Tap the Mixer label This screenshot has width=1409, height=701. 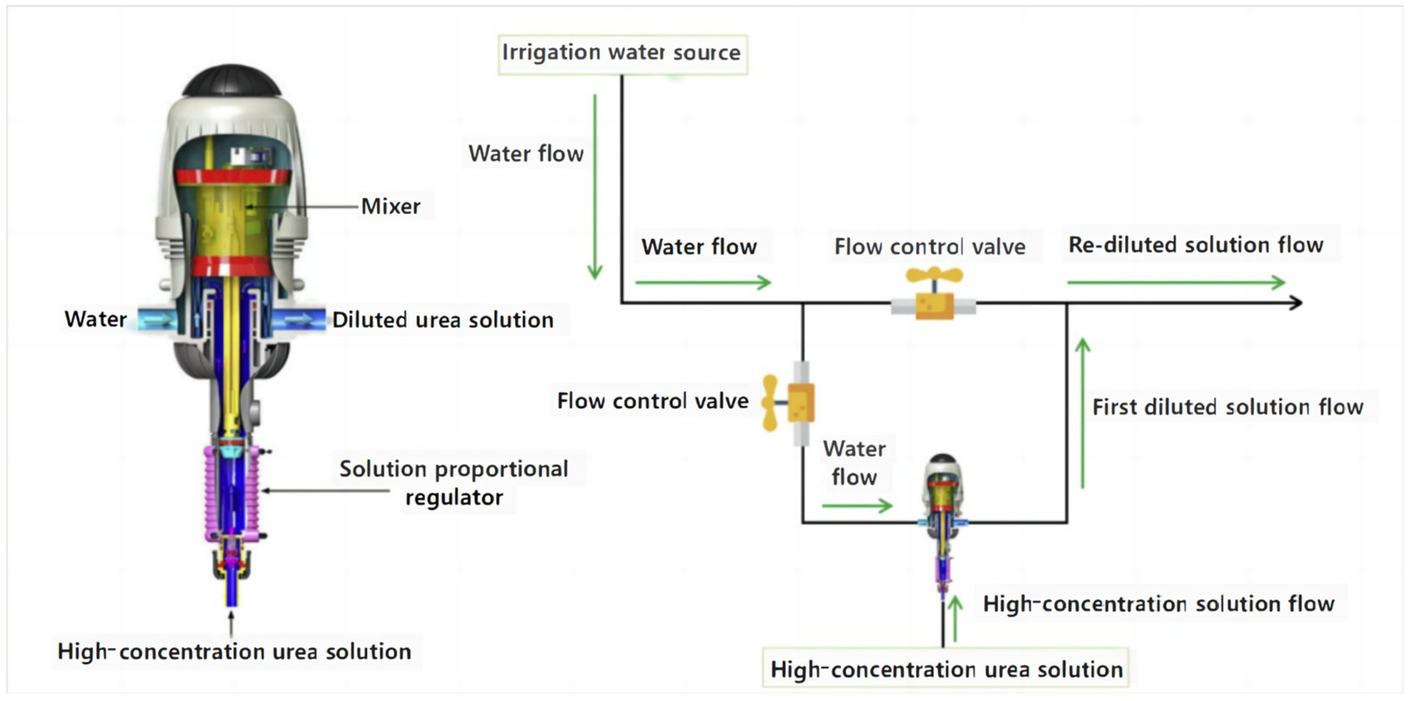point(391,206)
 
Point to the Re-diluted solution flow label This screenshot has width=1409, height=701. point(1196,245)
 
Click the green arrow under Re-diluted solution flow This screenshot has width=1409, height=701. point(1176,282)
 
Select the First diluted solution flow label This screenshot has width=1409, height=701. point(1228,407)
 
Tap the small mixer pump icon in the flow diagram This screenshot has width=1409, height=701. point(942,514)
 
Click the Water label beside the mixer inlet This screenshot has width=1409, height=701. point(96,319)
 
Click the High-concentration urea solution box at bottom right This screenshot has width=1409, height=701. point(946,669)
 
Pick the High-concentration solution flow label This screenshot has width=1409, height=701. point(1159,604)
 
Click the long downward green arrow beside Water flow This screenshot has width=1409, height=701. point(595,186)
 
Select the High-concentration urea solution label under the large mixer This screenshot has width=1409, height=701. point(234,651)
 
